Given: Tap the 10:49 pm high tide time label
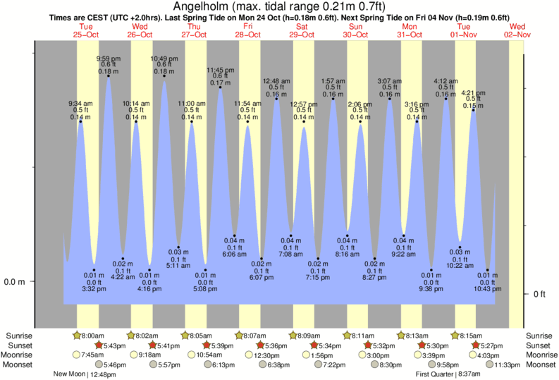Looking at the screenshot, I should (x=164, y=59).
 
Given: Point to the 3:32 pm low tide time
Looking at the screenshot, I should (x=93, y=288).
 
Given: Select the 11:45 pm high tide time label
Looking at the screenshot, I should (x=220, y=70).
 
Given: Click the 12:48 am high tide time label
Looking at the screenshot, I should (x=276, y=81).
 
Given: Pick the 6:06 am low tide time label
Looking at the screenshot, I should (x=235, y=254).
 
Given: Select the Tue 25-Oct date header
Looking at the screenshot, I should (x=86, y=30).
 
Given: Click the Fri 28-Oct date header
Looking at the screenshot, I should (x=248, y=30).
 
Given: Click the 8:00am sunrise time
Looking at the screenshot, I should (x=91, y=336).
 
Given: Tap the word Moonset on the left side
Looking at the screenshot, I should (x=20, y=364).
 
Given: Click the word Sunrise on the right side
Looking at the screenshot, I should (x=540, y=336).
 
